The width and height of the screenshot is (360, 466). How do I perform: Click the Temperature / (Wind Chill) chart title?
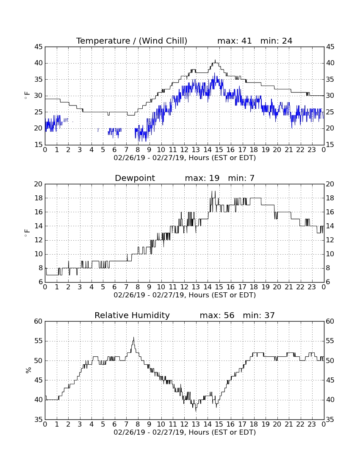(132, 41)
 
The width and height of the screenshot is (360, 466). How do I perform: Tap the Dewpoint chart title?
(135, 178)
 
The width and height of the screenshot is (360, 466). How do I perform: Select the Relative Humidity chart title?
(132, 315)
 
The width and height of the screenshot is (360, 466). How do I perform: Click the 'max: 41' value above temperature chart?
(234, 41)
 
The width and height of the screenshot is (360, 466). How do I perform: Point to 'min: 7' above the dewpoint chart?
(241, 178)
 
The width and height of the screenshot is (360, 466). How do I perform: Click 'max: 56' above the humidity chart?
(217, 315)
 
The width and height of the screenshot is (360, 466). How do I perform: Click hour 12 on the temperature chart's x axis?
(184, 150)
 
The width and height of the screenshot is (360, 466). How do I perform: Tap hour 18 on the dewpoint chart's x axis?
(254, 287)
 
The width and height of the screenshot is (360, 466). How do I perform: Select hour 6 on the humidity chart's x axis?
(115, 424)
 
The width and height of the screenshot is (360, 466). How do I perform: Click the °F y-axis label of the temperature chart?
(27, 96)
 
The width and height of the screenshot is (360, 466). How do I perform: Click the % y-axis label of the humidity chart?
(28, 370)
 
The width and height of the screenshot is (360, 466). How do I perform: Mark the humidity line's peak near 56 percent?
(134, 337)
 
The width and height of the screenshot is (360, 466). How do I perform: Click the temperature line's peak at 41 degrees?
(215, 60)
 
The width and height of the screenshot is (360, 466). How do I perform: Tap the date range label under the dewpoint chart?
(185, 295)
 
